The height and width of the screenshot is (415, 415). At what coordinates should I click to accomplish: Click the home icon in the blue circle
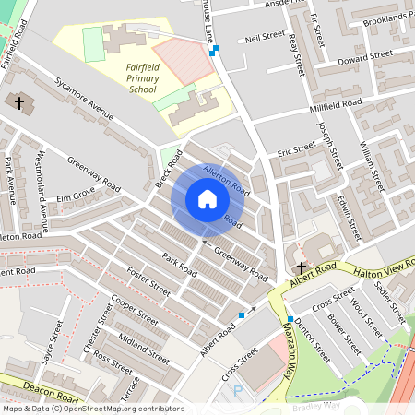pos(207,199)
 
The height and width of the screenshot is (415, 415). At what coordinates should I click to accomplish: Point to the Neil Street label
pos(265,37)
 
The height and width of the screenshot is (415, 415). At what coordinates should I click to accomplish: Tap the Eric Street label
pos(297,148)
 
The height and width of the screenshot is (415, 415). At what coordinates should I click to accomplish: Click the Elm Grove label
pos(77,196)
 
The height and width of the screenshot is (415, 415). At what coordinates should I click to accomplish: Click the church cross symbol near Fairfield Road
pos(19,101)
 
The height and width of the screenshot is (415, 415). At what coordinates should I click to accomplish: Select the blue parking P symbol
pos(237,391)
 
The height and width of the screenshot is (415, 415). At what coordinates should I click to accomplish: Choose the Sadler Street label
pos(391,302)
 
